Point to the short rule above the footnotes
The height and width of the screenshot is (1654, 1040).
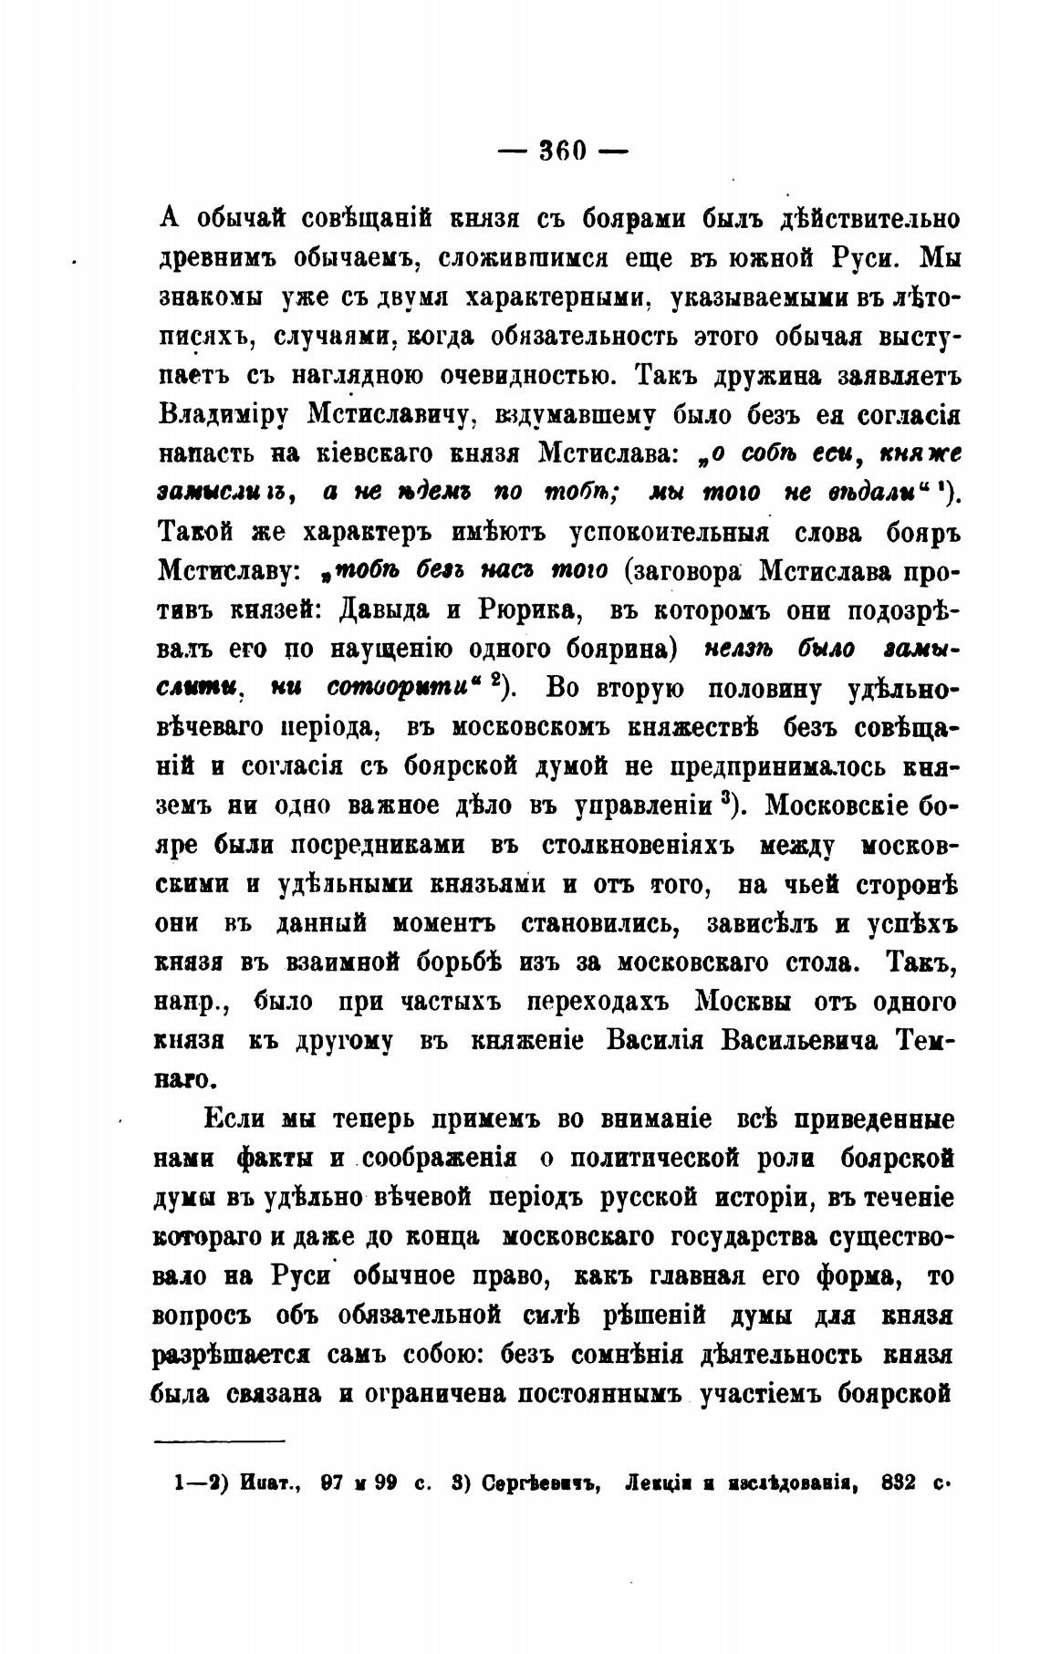[220, 1441]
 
